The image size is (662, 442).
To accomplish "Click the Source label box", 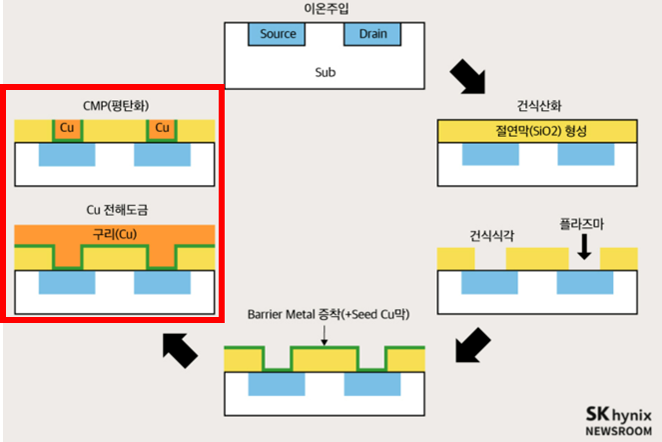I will pyautogui.click(x=278, y=34).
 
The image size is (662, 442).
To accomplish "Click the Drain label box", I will pyautogui.click(x=372, y=34).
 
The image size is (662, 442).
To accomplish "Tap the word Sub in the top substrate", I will pyautogui.click(x=325, y=72).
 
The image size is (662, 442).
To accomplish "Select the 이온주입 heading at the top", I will pyautogui.click(x=325, y=9).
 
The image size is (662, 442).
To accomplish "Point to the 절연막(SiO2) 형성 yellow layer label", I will pyautogui.click(x=537, y=131).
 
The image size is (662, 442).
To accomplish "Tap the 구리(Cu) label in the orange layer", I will pyautogui.click(x=116, y=235).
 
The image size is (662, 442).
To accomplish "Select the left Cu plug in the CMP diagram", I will pyautogui.click(x=68, y=130).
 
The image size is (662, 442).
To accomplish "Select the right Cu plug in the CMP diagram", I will pyautogui.click(x=163, y=130).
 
